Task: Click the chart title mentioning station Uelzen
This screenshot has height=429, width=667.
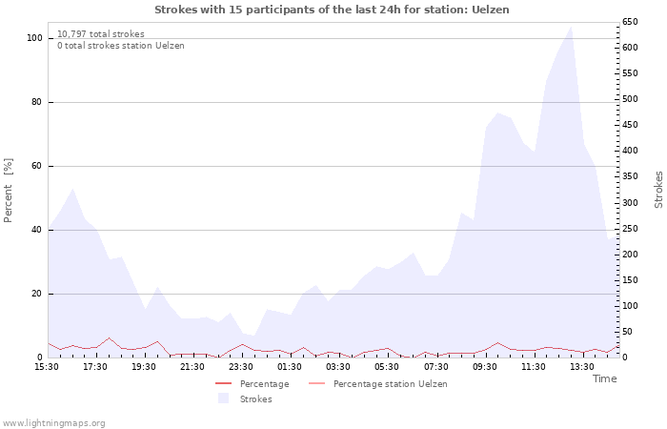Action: pyautogui.click(x=332, y=10)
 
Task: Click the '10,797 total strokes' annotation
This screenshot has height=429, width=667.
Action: pyautogui.click(x=101, y=34)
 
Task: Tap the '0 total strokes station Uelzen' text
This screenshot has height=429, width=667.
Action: pyautogui.click(x=121, y=46)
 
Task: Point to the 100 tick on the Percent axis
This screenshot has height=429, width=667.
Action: pyautogui.click(x=35, y=38)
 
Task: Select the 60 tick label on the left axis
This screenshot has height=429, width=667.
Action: pyautogui.click(x=37, y=166)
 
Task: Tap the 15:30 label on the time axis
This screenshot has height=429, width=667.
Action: pyautogui.click(x=48, y=367)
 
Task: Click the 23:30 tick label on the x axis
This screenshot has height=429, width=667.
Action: pyautogui.click(x=242, y=367)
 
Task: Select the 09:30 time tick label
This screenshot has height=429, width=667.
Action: pyautogui.click(x=485, y=367)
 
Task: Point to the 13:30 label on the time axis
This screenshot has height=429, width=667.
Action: pyautogui.click(x=582, y=367)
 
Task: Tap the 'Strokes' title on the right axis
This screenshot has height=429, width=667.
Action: pyautogui.click(x=658, y=189)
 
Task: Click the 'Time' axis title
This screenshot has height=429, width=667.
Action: pyautogui.click(x=604, y=378)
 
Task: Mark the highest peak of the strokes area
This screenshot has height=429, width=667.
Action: pyautogui.click(x=571, y=27)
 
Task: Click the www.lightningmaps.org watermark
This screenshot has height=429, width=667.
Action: pyautogui.click(x=53, y=423)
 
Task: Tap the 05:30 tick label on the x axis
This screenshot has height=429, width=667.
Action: pyautogui.click(x=387, y=367)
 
